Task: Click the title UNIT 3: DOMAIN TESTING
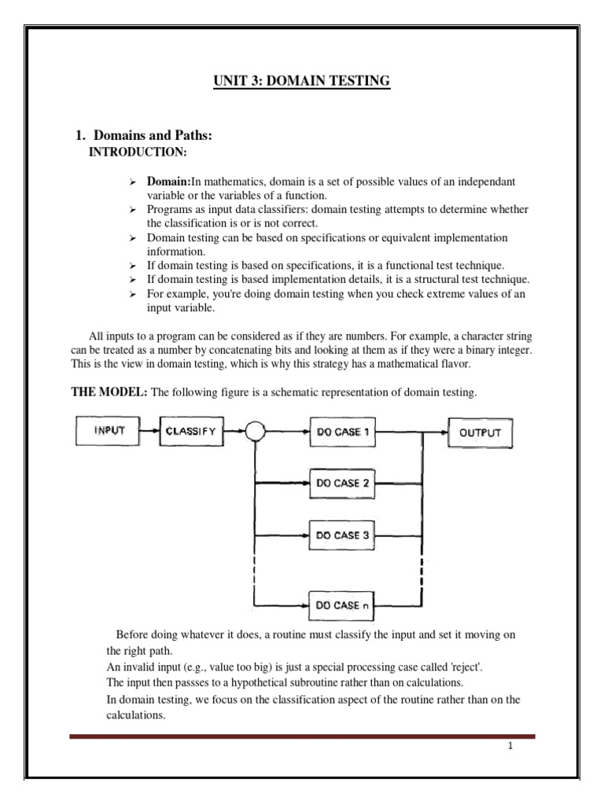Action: [302, 81]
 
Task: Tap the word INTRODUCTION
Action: [140, 151]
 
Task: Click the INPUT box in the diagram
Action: [106, 431]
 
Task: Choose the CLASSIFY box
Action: [190, 431]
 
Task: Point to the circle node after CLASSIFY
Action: [255, 431]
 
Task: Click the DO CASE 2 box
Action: [342, 483]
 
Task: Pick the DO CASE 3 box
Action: [342, 535]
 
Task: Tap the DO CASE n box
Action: [342, 605]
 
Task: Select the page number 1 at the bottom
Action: [510, 747]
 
